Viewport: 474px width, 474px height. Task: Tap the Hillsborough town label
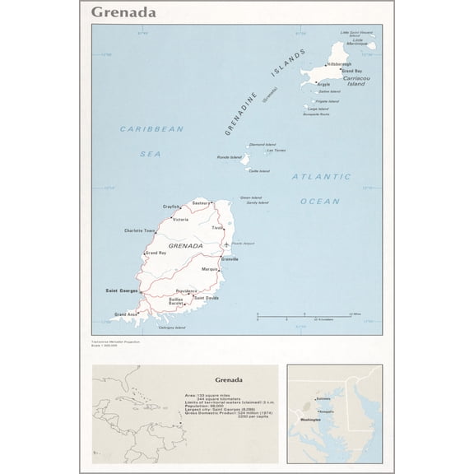pos(340,63)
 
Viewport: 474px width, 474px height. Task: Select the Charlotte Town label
pos(140,230)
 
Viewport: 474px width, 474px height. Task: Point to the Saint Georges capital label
pos(121,290)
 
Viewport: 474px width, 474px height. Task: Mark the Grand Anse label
pos(126,314)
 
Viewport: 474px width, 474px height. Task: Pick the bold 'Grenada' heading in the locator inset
pos(227,380)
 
